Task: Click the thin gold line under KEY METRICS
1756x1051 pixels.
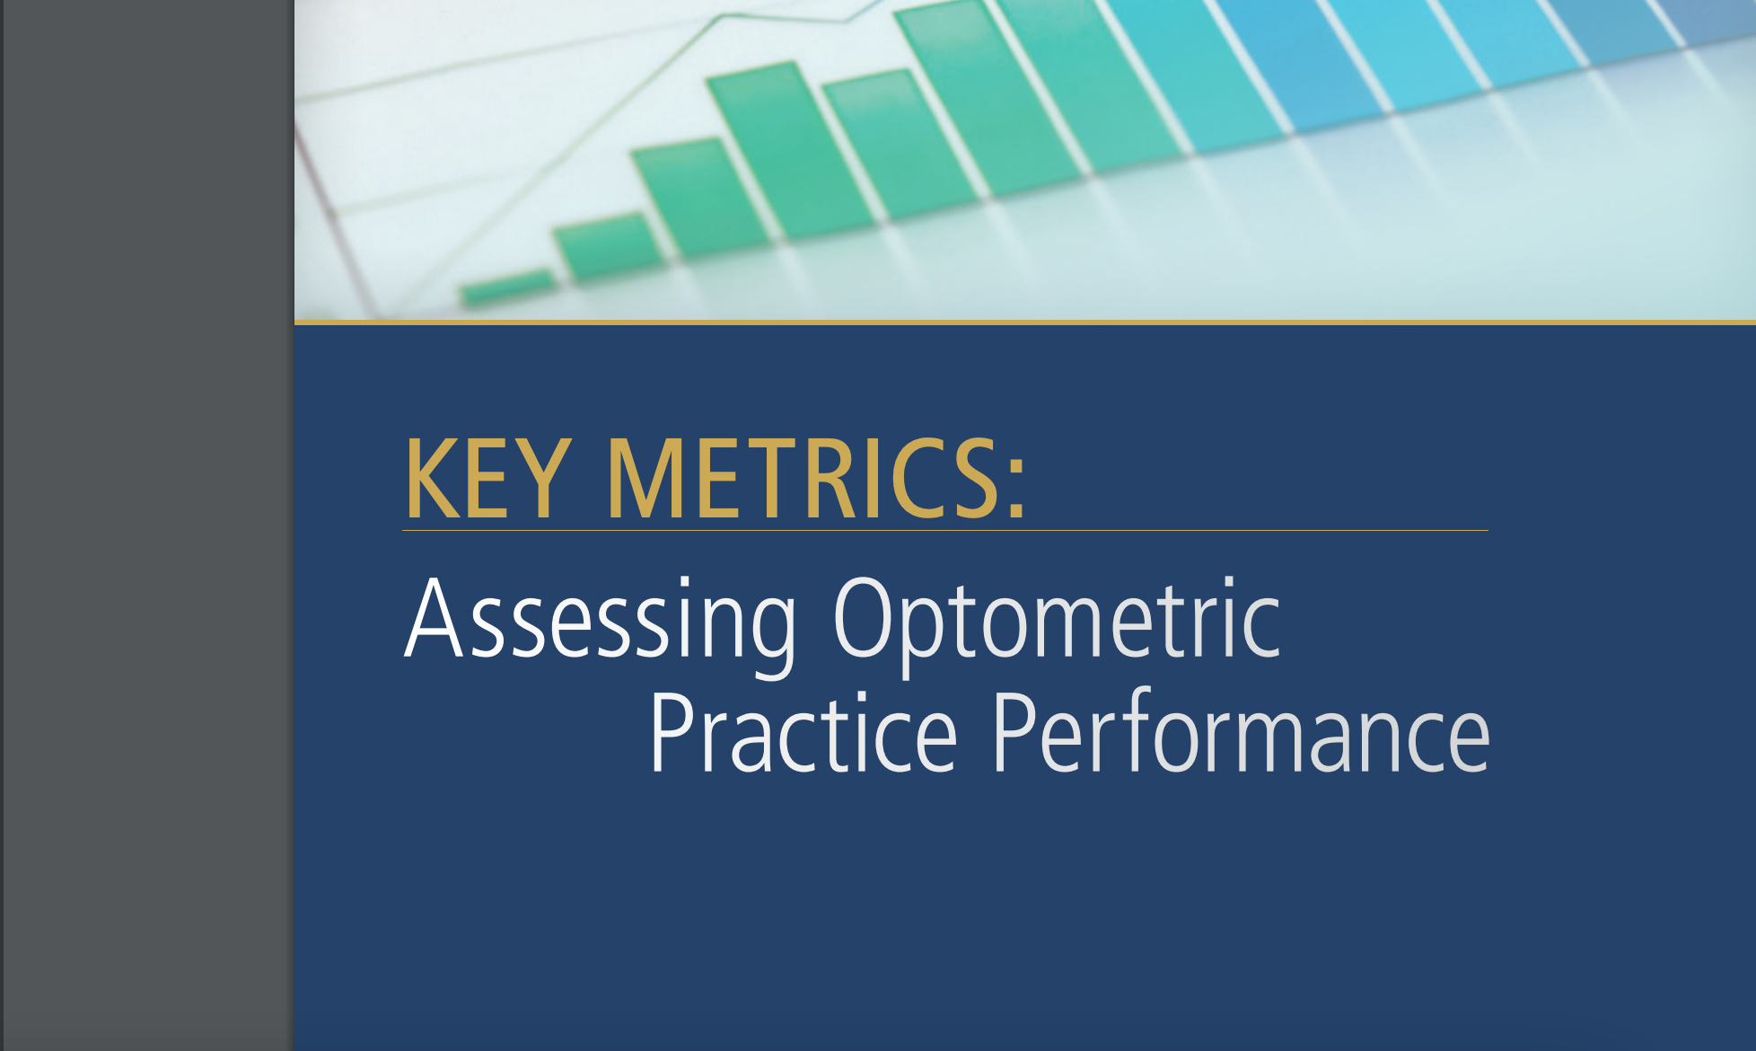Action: [x=944, y=530]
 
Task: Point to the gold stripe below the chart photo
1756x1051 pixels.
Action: [x=1024, y=322]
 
